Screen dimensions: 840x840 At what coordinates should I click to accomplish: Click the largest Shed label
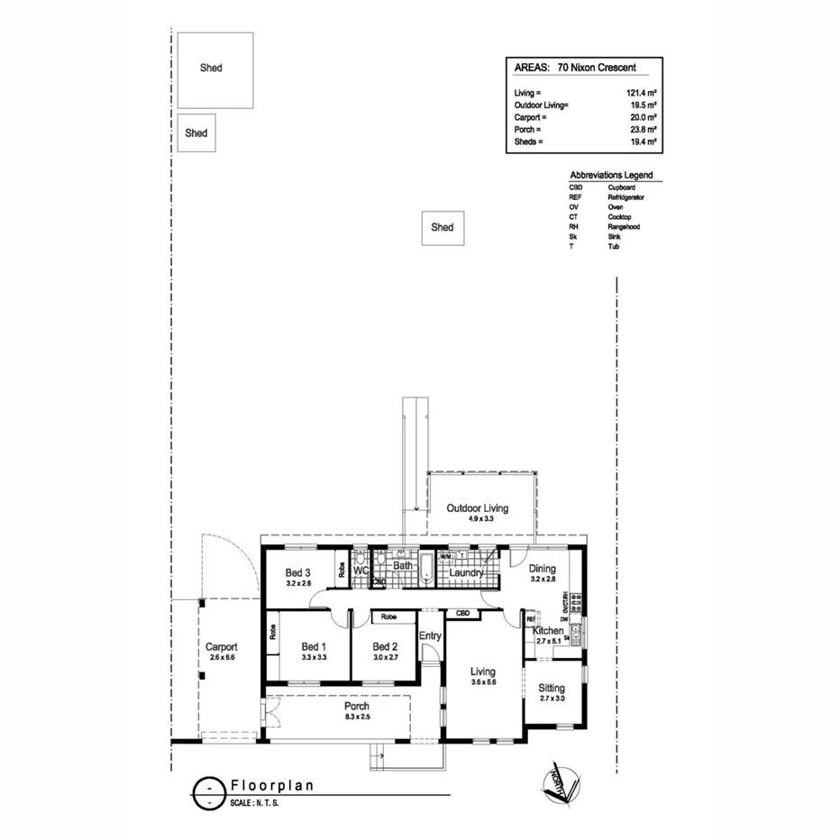211,68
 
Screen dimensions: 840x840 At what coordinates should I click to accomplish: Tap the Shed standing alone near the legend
442,228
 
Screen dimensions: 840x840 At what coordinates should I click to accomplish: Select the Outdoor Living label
477,508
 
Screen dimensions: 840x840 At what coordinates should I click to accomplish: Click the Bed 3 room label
298,572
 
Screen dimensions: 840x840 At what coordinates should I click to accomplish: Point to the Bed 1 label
313,646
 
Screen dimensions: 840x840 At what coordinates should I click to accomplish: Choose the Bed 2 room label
385,646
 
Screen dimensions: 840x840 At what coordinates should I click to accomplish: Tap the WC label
361,571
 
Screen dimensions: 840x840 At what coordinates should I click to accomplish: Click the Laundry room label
466,572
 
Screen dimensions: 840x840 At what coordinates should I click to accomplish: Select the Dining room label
543,569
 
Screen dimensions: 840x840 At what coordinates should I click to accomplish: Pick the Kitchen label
548,631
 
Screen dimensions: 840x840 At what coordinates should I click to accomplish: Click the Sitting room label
552,689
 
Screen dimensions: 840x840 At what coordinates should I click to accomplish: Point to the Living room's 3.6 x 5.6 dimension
484,682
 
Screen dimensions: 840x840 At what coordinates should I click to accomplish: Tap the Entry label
430,636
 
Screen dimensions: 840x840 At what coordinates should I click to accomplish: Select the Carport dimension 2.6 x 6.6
222,658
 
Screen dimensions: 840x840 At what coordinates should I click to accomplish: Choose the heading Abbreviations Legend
611,175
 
